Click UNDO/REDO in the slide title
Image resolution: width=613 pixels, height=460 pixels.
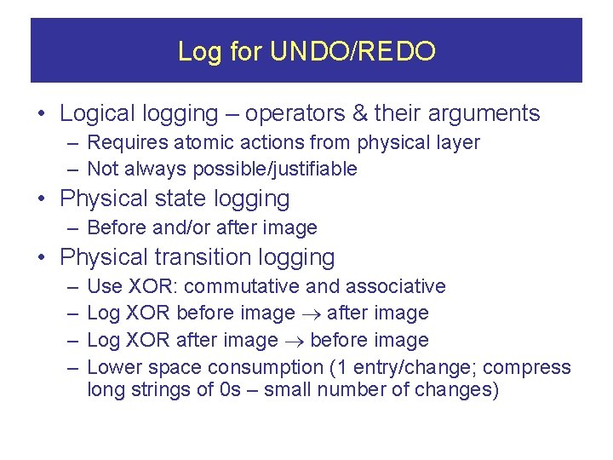(352, 52)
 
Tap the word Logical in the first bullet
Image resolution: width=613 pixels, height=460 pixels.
(95, 113)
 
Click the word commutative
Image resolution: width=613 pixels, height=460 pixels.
(245, 286)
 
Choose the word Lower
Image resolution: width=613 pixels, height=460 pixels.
(114, 367)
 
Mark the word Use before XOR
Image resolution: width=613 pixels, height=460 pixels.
(105, 286)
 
